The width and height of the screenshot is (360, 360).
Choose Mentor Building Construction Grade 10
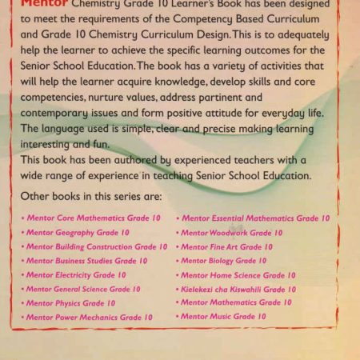pos(96,246)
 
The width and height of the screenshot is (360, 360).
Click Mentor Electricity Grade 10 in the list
pos(75,275)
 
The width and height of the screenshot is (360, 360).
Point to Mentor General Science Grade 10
pos(82,289)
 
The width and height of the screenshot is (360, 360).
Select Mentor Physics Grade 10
pos(70,303)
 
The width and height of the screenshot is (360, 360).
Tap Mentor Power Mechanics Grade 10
pos(89,318)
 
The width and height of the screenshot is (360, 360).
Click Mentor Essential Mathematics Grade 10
pos(254,218)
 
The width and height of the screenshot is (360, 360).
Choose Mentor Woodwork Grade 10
pos(231,233)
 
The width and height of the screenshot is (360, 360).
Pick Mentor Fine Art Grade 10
pos(226,247)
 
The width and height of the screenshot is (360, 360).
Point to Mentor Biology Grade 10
pos(223,261)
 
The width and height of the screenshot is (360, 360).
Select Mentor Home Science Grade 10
pos(238,275)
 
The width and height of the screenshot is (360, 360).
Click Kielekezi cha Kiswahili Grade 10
pos(238,289)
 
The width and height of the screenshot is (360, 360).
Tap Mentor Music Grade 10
pos(223,317)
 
